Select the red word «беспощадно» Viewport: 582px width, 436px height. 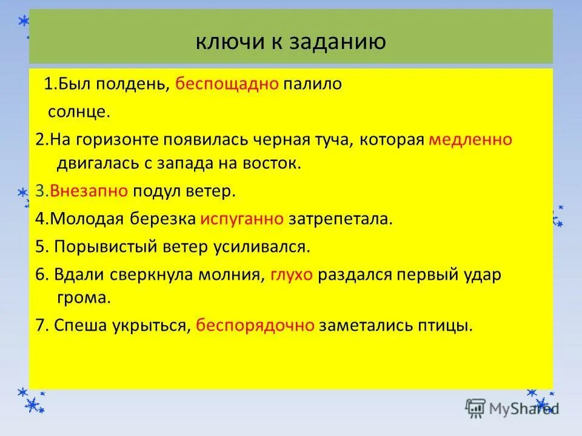pos(227,84)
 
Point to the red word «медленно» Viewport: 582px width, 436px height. pos(470,140)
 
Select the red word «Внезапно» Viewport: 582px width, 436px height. pos(89,191)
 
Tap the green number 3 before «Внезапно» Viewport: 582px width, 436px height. pos(39,191)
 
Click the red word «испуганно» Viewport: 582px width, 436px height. pos(242,219)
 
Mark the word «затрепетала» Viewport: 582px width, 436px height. pos(340,219)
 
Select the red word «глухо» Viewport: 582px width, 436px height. pos(292,275)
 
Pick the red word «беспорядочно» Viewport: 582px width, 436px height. pos(255,326)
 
